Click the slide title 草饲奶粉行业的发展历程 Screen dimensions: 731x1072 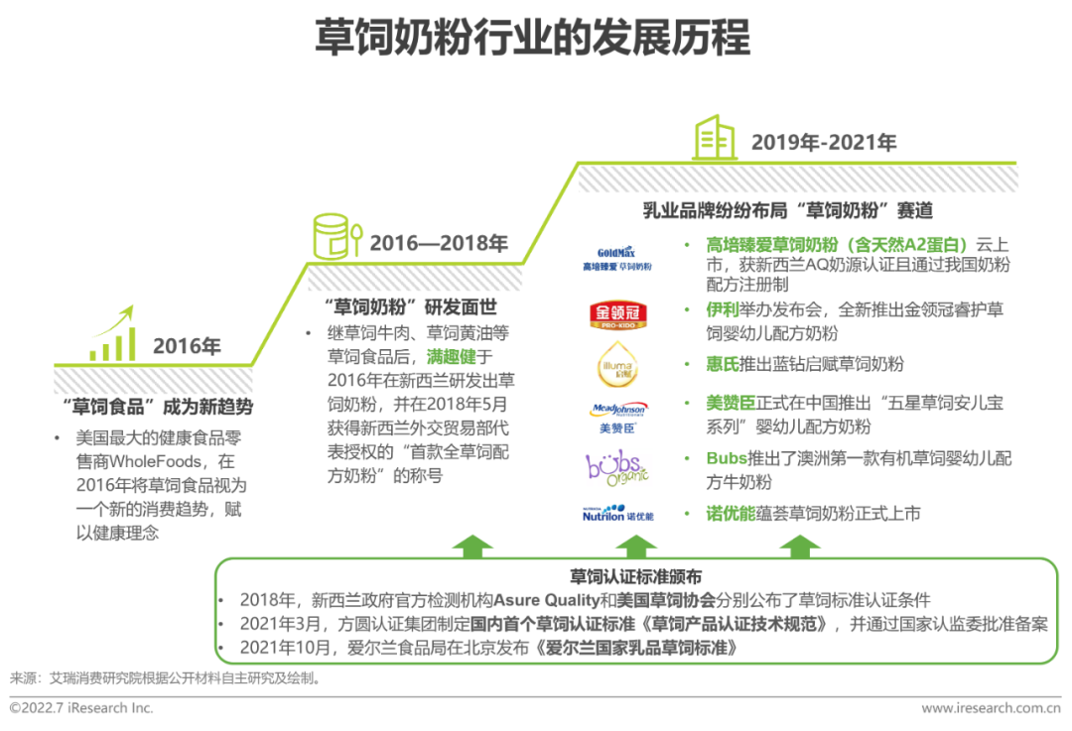(533, 38)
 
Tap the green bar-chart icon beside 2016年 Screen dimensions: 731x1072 (112, 336)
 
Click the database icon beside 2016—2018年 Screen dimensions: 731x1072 (335, 235)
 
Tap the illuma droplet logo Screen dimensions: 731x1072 (616, 364)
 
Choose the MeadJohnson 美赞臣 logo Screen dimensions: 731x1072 (616, 416)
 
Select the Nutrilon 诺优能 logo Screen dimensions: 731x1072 (616, 514)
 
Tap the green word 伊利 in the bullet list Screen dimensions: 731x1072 (722, 310)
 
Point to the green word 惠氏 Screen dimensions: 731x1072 (722, 364)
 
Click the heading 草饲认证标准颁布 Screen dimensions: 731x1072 (636, 576)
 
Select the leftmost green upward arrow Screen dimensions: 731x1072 (472, 547)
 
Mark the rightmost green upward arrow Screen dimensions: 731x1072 (799, 547)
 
